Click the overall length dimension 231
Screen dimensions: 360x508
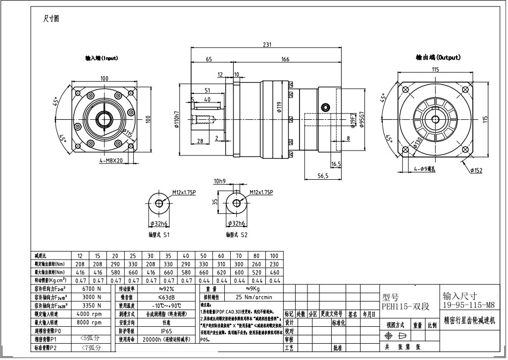(266, 45)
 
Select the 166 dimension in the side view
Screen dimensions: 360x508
(285, 59)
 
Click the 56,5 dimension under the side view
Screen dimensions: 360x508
(323, 176)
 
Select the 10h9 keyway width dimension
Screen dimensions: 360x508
(220, 181)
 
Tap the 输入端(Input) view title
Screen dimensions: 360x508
(101, 58)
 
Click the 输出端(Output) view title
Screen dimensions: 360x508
(438, 57)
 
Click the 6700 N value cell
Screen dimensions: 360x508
(92, 288)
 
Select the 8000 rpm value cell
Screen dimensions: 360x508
(92, 322)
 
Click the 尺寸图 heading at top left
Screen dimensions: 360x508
(52, 18)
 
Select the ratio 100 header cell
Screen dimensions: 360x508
(274, 256)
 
